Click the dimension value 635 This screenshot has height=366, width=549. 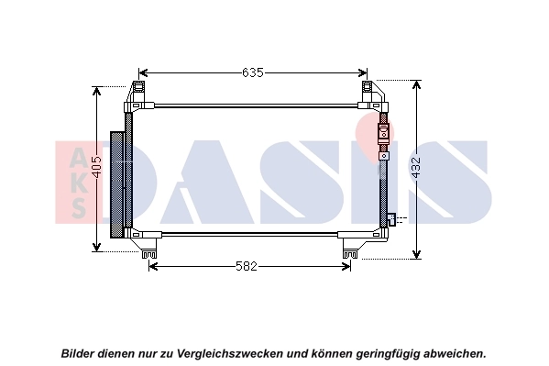click(253, 72)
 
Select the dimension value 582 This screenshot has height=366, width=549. click(247, 266)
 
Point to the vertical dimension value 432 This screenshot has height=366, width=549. click(418, 169)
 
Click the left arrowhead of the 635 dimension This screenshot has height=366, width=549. click(142, 72)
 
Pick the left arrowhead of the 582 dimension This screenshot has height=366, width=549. click(152, 266)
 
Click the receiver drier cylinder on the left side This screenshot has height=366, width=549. click(117, 183)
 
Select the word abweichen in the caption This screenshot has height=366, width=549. click(451, 352)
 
